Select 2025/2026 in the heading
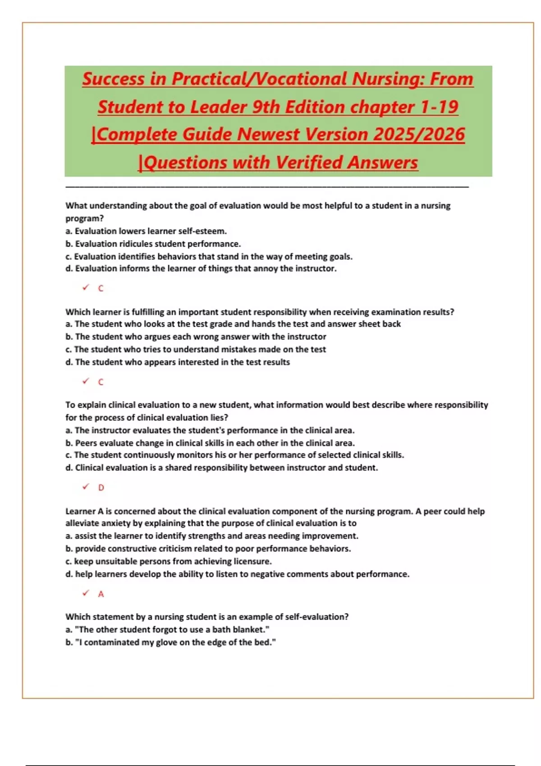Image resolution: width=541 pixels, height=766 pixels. (419, 135)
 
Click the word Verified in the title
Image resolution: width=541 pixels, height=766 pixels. (310, 163)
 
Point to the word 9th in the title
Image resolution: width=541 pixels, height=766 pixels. (266, 107)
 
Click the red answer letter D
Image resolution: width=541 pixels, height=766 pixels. (101, 488)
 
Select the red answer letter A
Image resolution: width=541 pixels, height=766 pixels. (101, 594)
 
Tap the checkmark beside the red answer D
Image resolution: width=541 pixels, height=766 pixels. (86, 487)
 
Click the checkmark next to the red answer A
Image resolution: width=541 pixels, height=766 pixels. (86, 593)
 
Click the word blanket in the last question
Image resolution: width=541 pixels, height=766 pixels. (248, 629)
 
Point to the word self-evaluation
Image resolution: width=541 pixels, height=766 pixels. (316, 617)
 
